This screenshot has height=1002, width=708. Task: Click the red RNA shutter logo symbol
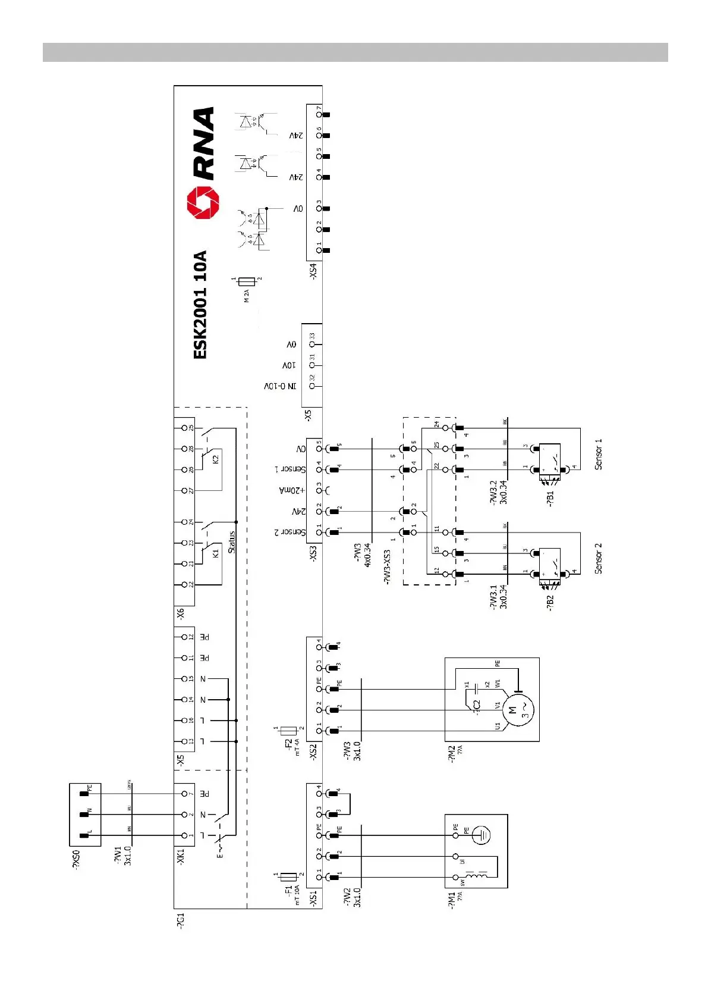(203, 202)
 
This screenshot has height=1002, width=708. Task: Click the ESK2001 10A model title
(201, 305)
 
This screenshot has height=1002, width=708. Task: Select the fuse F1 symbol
(288, 876)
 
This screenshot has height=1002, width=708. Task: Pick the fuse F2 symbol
(288, 730)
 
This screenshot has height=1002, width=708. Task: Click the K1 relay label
(216, 553)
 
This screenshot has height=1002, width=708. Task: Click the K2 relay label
(216, 459)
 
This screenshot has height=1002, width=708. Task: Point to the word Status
(231, 542)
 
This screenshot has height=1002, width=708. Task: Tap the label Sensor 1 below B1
(598, 455)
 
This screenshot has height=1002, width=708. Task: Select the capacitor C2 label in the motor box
(476, 706)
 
